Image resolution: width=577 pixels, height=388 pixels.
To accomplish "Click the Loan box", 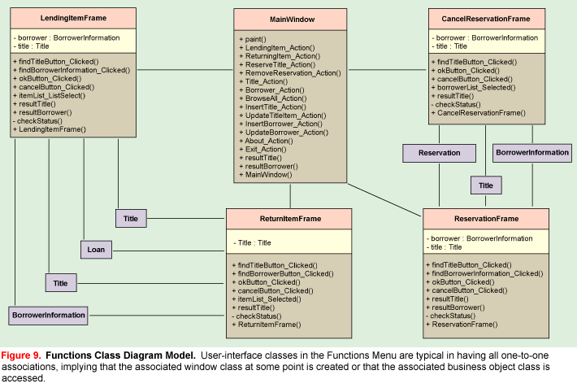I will tap(96, 249).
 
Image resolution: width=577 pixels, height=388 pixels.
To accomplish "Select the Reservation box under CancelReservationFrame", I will tap(438, 152).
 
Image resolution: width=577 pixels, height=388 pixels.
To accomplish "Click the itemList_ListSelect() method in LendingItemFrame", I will tap(51, 95).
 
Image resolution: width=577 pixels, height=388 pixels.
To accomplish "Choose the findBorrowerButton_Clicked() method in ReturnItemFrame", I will tap(285, 274).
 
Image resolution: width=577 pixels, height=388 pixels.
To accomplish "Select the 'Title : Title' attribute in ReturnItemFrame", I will tap(254, 242).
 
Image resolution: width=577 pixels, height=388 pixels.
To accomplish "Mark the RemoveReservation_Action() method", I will tap(291, 72).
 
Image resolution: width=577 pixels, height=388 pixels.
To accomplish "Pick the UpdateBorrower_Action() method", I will tap(285, 132).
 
